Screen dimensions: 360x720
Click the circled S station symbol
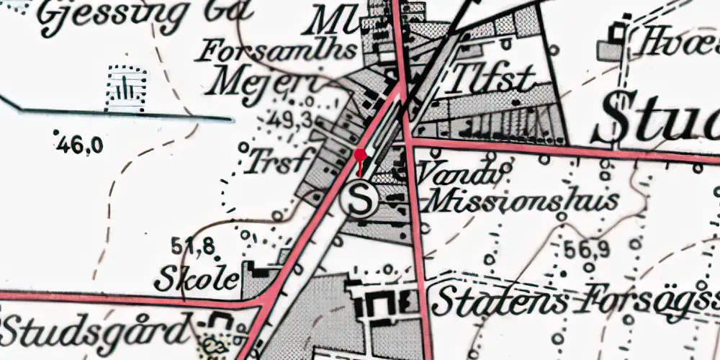[x=359, y=198]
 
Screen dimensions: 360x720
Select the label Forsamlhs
[x=278, y=51]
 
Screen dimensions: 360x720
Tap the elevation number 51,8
[x=193, y=247]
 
